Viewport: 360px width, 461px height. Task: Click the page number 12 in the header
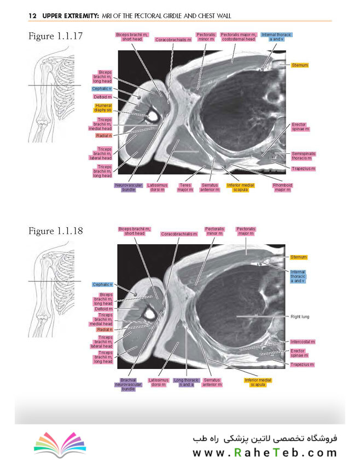(x=32, y=15)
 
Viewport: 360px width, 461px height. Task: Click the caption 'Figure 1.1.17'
(x=56, y=36)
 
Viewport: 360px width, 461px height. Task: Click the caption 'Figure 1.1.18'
(x=56, y=231)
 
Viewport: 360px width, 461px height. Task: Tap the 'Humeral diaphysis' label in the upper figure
(x=103, y=108)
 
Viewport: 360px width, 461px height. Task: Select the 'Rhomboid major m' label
(x=282, y=188)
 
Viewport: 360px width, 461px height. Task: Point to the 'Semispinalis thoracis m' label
(x=303, y=156)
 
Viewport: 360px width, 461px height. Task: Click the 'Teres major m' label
(x=185, y=188)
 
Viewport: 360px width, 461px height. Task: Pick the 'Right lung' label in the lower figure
(x=300, y=316)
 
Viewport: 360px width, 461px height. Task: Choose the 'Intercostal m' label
(x=303, y=342)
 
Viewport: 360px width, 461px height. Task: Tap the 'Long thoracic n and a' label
(x=187, y=382)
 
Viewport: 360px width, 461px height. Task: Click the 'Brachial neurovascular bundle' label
(x=128, y=384)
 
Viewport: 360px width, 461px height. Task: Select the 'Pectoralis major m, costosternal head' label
(x=239, y=37)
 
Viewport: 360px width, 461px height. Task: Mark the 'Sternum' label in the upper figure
(x=299, y=65)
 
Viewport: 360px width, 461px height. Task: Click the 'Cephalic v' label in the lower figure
(x=102, y=285)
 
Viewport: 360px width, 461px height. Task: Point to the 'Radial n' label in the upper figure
(x=104, y=136)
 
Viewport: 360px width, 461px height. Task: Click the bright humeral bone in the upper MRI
(x=153, y=116)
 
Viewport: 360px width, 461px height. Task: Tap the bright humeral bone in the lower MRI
(x=150, y=314)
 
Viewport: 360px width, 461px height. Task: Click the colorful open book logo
(x=60, y=445)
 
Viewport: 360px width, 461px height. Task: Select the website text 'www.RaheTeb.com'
(x=264, y=452)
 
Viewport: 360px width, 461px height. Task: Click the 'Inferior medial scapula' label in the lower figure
(x=258, y=382)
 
